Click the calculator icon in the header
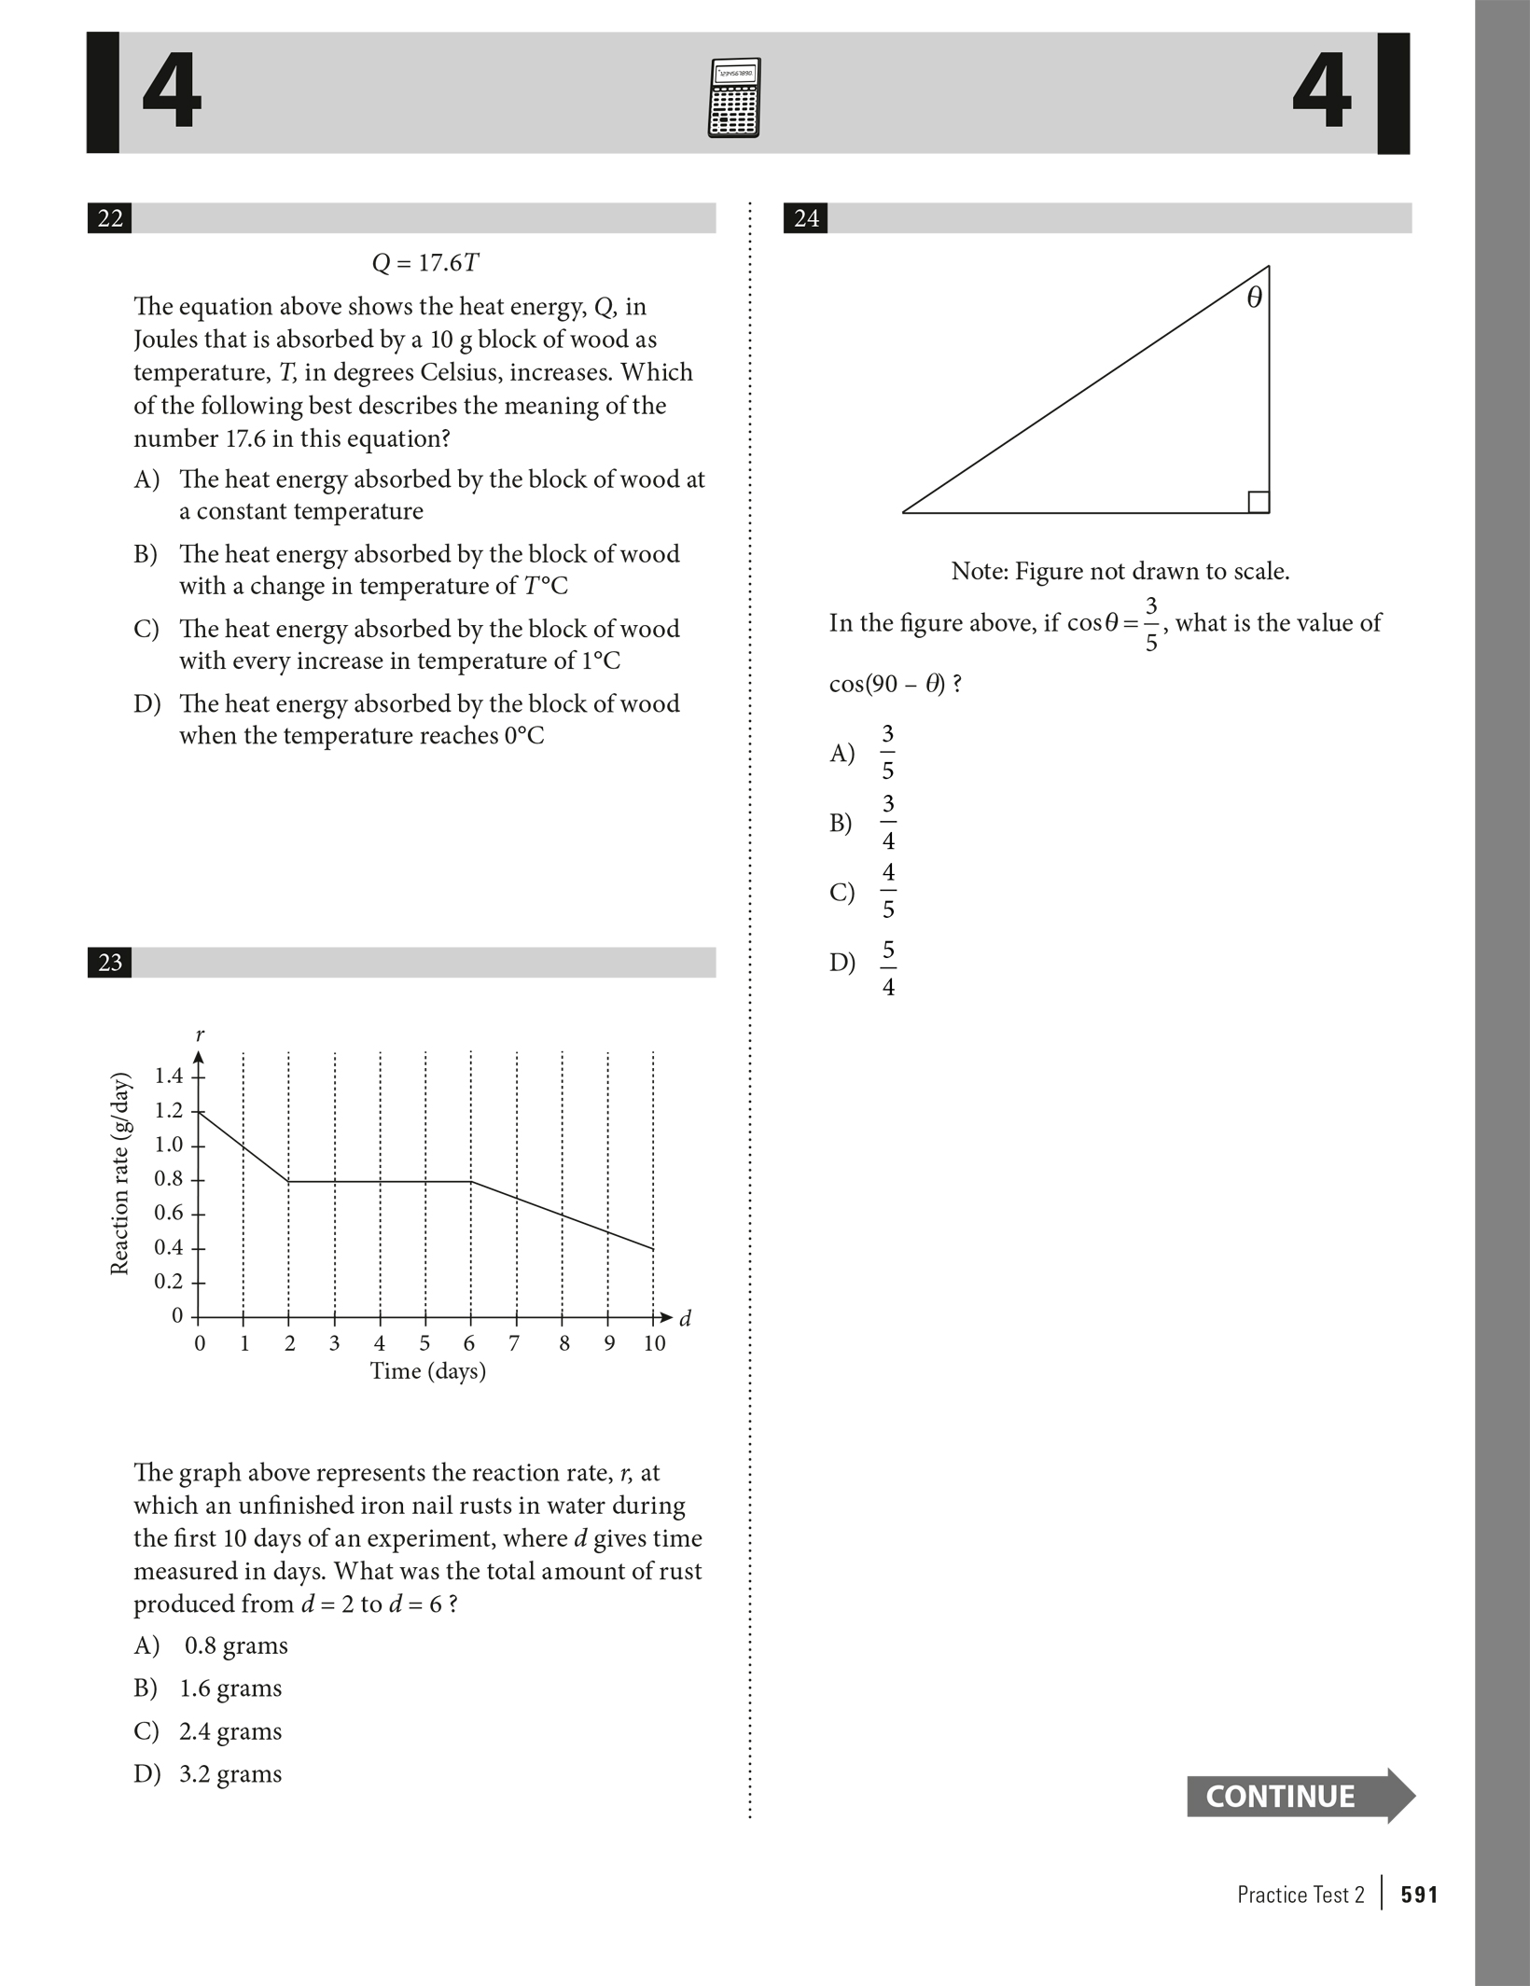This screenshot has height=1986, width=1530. click(734, 97)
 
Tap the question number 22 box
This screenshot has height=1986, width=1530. click(110, 218)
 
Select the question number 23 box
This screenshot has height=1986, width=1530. click(110, 962)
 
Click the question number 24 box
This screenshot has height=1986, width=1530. click(806, 218)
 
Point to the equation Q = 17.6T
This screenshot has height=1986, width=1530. click(425, 263)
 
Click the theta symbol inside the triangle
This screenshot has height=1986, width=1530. click(1254, 299)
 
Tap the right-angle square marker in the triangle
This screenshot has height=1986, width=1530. click(1258, 502)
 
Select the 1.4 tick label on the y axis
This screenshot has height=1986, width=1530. click(169, 1076)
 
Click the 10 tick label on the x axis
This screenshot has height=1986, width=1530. click(654, 1343)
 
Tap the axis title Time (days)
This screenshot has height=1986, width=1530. click(428, 1371)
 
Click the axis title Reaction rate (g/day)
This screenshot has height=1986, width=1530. click(119, 1175)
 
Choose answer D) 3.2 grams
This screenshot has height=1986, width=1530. click(208, 1773)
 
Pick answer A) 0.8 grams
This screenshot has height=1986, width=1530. click(211, 1646)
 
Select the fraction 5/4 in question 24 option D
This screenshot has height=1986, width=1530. click(888, 968)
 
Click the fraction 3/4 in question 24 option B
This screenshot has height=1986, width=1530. click(888, 822)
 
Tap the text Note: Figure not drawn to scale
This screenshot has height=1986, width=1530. click(1120, 571)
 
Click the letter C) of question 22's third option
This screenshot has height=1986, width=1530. click(146, 629)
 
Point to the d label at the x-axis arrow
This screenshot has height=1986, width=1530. click(686, 1318)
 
